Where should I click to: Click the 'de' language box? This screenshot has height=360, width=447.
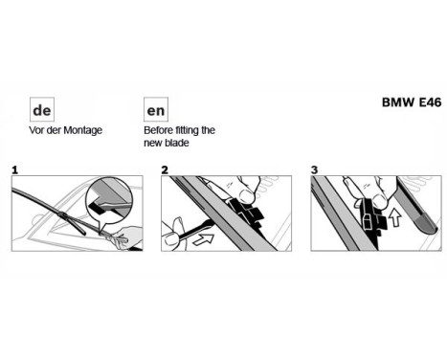[x=41, y=108]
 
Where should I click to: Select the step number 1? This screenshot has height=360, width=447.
[x=14, y=169]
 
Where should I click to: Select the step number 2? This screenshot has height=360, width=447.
[x=165, y=169]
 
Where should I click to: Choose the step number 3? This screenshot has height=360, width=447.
[x=315, y=169]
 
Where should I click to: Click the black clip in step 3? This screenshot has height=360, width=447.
[x=369, y=220]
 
